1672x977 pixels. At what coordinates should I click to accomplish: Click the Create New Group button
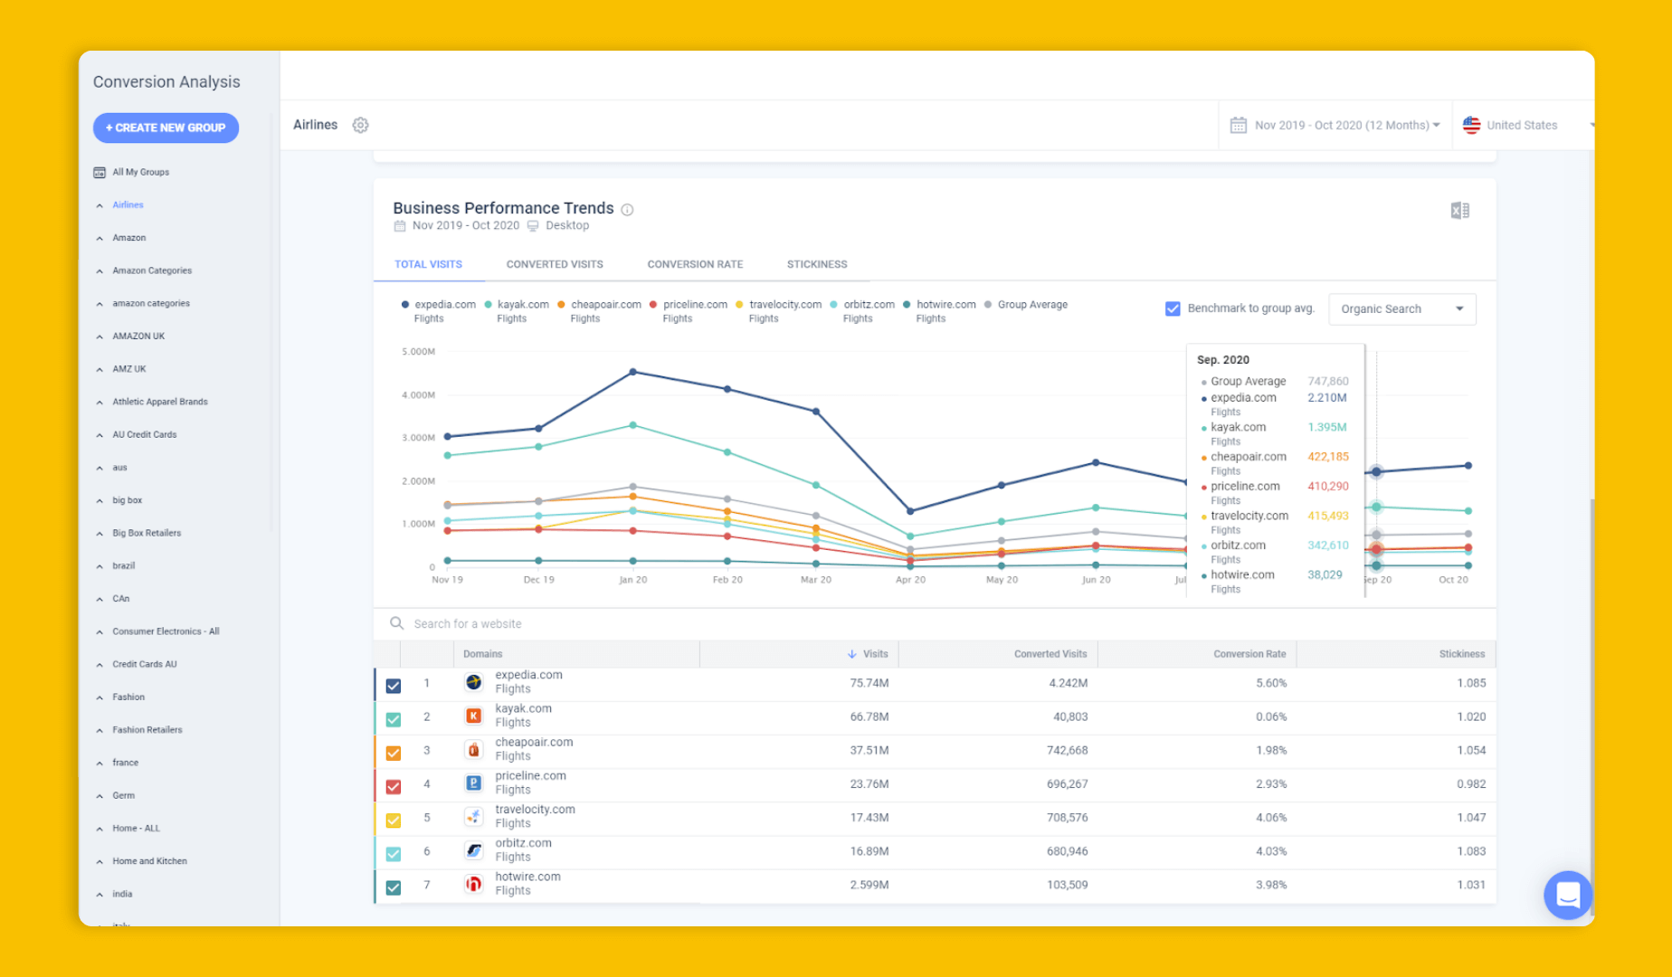click(166, 128)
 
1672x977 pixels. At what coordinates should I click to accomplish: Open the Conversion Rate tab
click(694, 264)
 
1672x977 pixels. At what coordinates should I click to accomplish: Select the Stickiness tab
click(816, 264)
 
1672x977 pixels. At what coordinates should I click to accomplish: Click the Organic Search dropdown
click(1401, 308)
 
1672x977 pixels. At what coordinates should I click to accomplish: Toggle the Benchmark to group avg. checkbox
click(1173, 308)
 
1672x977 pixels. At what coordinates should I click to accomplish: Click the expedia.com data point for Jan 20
click(632, 372)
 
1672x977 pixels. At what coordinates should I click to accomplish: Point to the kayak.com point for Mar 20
click(815, 485)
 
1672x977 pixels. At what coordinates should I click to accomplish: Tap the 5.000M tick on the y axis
click(418, 351)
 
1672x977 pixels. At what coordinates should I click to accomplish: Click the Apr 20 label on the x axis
click(909, 580)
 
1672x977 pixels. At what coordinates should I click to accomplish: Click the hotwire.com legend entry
click(945, 305)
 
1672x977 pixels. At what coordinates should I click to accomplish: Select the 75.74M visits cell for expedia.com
click(869, 683)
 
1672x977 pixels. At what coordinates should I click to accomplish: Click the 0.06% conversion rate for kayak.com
click(1270, 716)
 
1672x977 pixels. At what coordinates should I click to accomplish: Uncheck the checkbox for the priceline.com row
click(393, 786)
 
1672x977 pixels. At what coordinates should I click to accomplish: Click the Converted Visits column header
click(1050, 654)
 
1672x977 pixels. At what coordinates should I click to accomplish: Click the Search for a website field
click(468, 624)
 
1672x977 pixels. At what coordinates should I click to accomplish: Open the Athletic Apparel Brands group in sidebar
click(159, 402)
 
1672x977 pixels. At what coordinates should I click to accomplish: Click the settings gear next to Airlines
click(360, 125)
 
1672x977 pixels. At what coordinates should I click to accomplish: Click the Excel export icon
click(1459, 211)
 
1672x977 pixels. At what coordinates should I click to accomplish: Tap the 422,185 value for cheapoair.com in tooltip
click(1327, 457)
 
